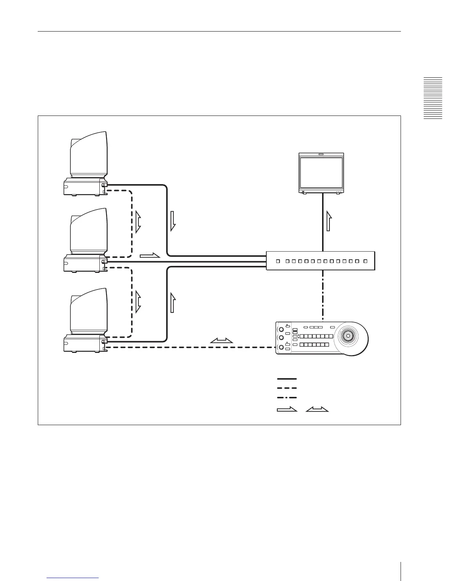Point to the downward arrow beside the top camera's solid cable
click(x=173, y=221)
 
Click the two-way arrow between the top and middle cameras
click(x=138, y=222)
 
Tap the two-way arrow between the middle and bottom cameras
click(x=138, y=302)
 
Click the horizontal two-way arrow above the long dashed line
click(x=222, y=341)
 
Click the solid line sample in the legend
click(x=286, y=379)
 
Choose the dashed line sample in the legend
click(x=286, y=388)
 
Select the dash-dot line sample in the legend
click(x=286, y=398)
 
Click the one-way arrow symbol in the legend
click(x=286, y=409)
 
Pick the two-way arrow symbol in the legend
click(x=317, y=410)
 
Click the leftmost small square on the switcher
click(x=277, y=261)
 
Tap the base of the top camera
click(x=83, y=187)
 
